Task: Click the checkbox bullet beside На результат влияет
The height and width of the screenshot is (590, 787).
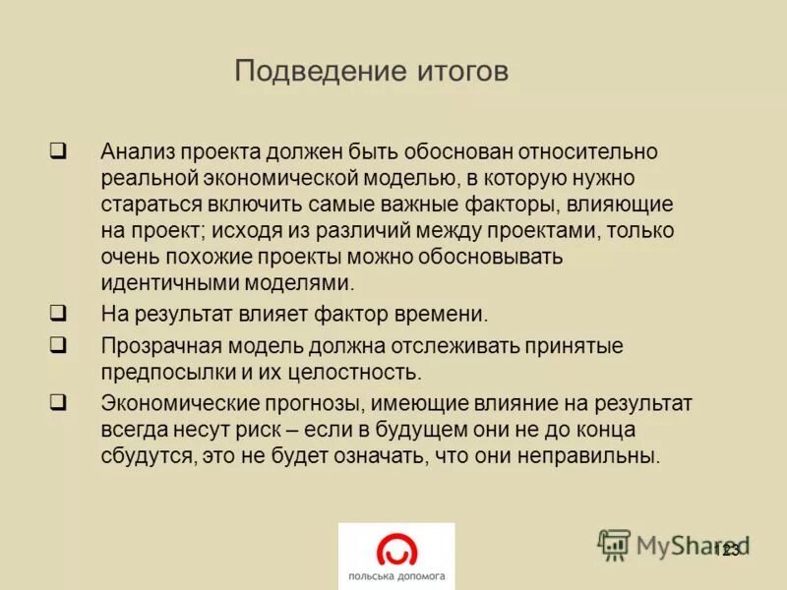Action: [58, 314]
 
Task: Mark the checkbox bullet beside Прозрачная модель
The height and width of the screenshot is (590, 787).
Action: [58, 345]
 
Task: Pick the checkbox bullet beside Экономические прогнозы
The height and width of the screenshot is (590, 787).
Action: [58, 401]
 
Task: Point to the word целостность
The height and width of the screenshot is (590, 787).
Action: [363, 373]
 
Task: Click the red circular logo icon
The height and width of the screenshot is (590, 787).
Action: [396, 548]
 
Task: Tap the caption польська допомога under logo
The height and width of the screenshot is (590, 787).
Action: [396, 575]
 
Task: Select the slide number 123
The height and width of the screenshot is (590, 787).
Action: [728, 550]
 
